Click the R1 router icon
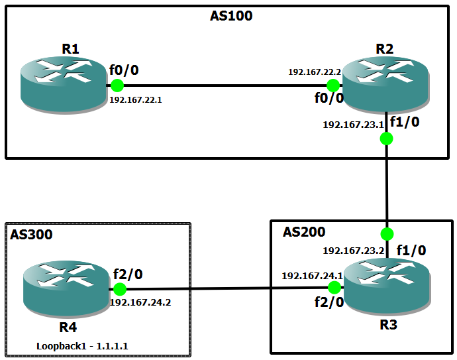click(63, 84)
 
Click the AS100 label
click(231, 16)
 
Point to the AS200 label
click(304, 232)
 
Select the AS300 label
click(31, 234)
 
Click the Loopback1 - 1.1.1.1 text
click(82, 345)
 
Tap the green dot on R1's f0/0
click(117, 86)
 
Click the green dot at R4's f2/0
click(120, 289)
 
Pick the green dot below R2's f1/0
click(387, 139)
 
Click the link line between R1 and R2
click(225, 86)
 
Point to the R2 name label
click(384, 48)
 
